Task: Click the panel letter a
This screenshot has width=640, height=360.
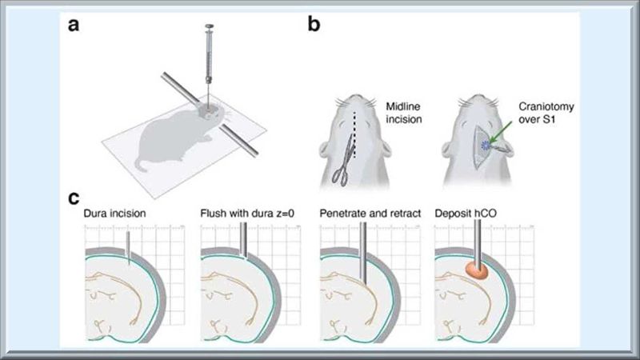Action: point(74,25)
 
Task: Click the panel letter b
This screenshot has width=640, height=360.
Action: point(315,25)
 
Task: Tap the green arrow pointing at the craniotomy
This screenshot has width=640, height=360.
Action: point(502,138)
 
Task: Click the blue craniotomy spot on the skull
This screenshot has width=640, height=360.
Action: point(485,144)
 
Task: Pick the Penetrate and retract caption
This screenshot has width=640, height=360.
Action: point(364,214)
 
